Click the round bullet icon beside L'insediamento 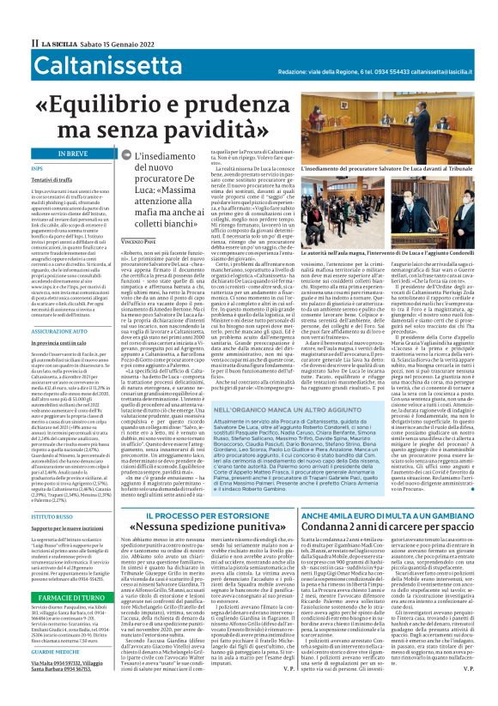click(x=127, y=155)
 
